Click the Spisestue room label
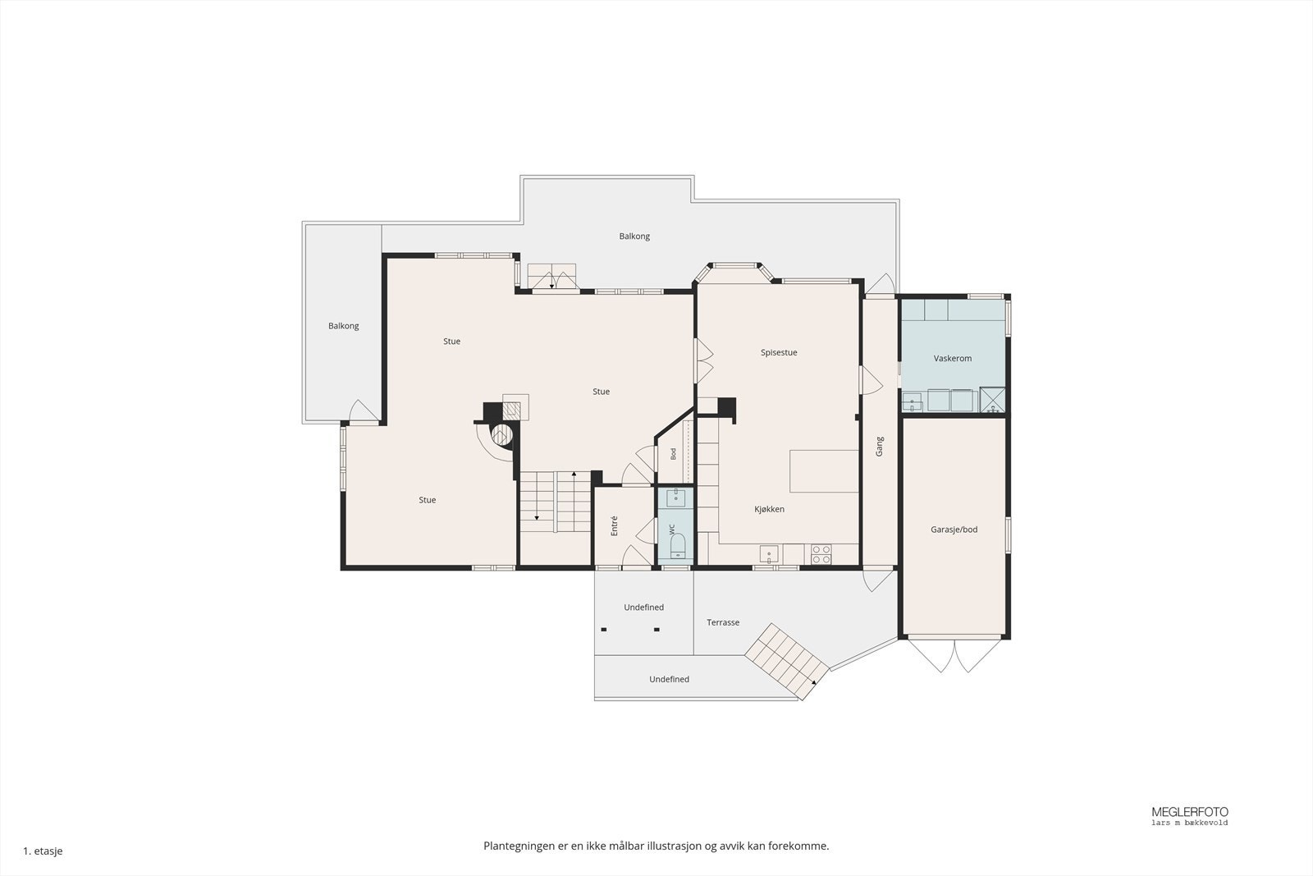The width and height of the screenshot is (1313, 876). (779, 352)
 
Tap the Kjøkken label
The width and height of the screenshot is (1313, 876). (769, 509)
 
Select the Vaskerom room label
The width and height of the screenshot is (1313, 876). (953, 358)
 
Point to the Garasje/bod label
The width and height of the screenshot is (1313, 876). (954, 530)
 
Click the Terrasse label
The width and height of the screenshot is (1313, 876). (723, 622)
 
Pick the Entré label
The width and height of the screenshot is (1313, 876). (615, 525)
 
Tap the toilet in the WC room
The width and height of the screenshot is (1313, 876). (678, 544)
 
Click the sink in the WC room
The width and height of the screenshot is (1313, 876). (676, 498)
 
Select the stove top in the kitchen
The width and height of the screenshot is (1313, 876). (821, 554)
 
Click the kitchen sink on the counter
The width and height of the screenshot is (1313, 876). (769, 553)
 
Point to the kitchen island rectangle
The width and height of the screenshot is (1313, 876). (824, 470)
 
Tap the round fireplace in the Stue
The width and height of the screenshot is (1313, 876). (501, 434)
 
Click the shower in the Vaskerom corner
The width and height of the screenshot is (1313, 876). (992, 399)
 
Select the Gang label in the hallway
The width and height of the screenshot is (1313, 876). (879, 446)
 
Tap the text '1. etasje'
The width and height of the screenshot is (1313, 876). (43, 851)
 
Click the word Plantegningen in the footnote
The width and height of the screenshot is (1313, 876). (519, 846)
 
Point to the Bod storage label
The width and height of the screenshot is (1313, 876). (674, 453)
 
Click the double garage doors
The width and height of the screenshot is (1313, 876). (954, 655)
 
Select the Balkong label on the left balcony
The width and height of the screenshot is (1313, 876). (344, 326)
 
